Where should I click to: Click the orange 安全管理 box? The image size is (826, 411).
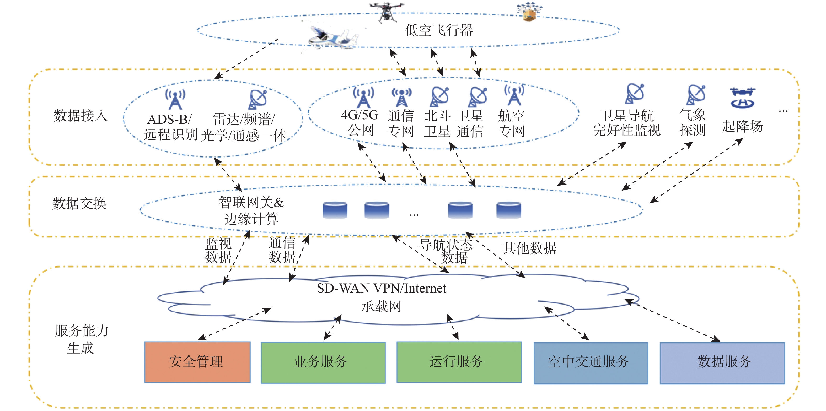coord(197,362)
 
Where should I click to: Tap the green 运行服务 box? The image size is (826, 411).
coord(459,362)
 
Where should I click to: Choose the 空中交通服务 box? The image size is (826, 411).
coord(590,363)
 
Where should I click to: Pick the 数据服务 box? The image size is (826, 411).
coord(722,363)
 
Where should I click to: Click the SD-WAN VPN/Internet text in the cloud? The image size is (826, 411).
coord(381,289)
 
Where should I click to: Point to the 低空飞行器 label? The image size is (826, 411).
coord(439,30)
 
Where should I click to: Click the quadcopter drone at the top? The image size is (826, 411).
coord(387,11)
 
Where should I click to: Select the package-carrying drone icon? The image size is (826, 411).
coord(529,12)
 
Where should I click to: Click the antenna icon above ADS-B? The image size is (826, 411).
coord(175,99)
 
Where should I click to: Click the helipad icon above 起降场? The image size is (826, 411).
coord(742,98)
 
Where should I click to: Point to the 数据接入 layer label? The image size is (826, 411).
coord(80,115)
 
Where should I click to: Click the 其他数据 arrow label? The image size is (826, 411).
coord(529,248)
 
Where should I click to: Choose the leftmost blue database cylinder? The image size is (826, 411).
coord(335,210)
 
